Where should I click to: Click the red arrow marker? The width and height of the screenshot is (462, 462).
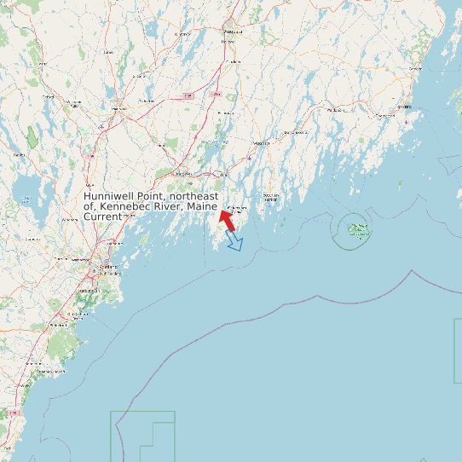coord(226,219)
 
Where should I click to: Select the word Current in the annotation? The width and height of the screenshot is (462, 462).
coord(103,217)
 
